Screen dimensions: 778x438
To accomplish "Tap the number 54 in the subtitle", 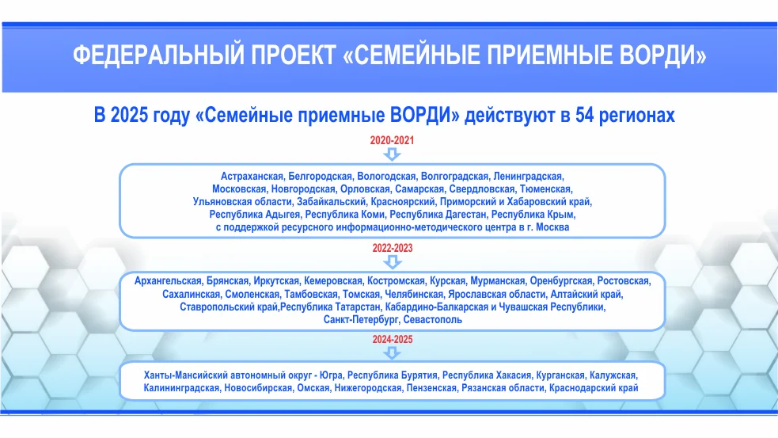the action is pos(585,115).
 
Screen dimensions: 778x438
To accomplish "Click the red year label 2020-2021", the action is pos(392,140).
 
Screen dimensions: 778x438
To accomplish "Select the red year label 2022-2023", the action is pos(393,248).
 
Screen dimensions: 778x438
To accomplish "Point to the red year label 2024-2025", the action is pos(393,340).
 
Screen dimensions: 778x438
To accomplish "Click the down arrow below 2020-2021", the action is pos(392,154).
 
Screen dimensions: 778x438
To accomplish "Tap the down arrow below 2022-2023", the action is pos(393,261).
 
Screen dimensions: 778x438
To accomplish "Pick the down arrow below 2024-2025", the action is pos(393,352).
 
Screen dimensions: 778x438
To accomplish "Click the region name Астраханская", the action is pos(252,177).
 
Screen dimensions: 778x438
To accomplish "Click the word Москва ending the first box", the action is pos(552,227).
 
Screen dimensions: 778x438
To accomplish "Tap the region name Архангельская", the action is pos(169,281).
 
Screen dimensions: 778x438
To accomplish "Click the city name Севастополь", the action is pos(433,320).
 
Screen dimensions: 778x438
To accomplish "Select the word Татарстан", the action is pos(357,307).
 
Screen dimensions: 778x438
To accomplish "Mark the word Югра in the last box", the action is pos(331,375).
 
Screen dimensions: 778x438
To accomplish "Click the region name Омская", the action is pos(313,388).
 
